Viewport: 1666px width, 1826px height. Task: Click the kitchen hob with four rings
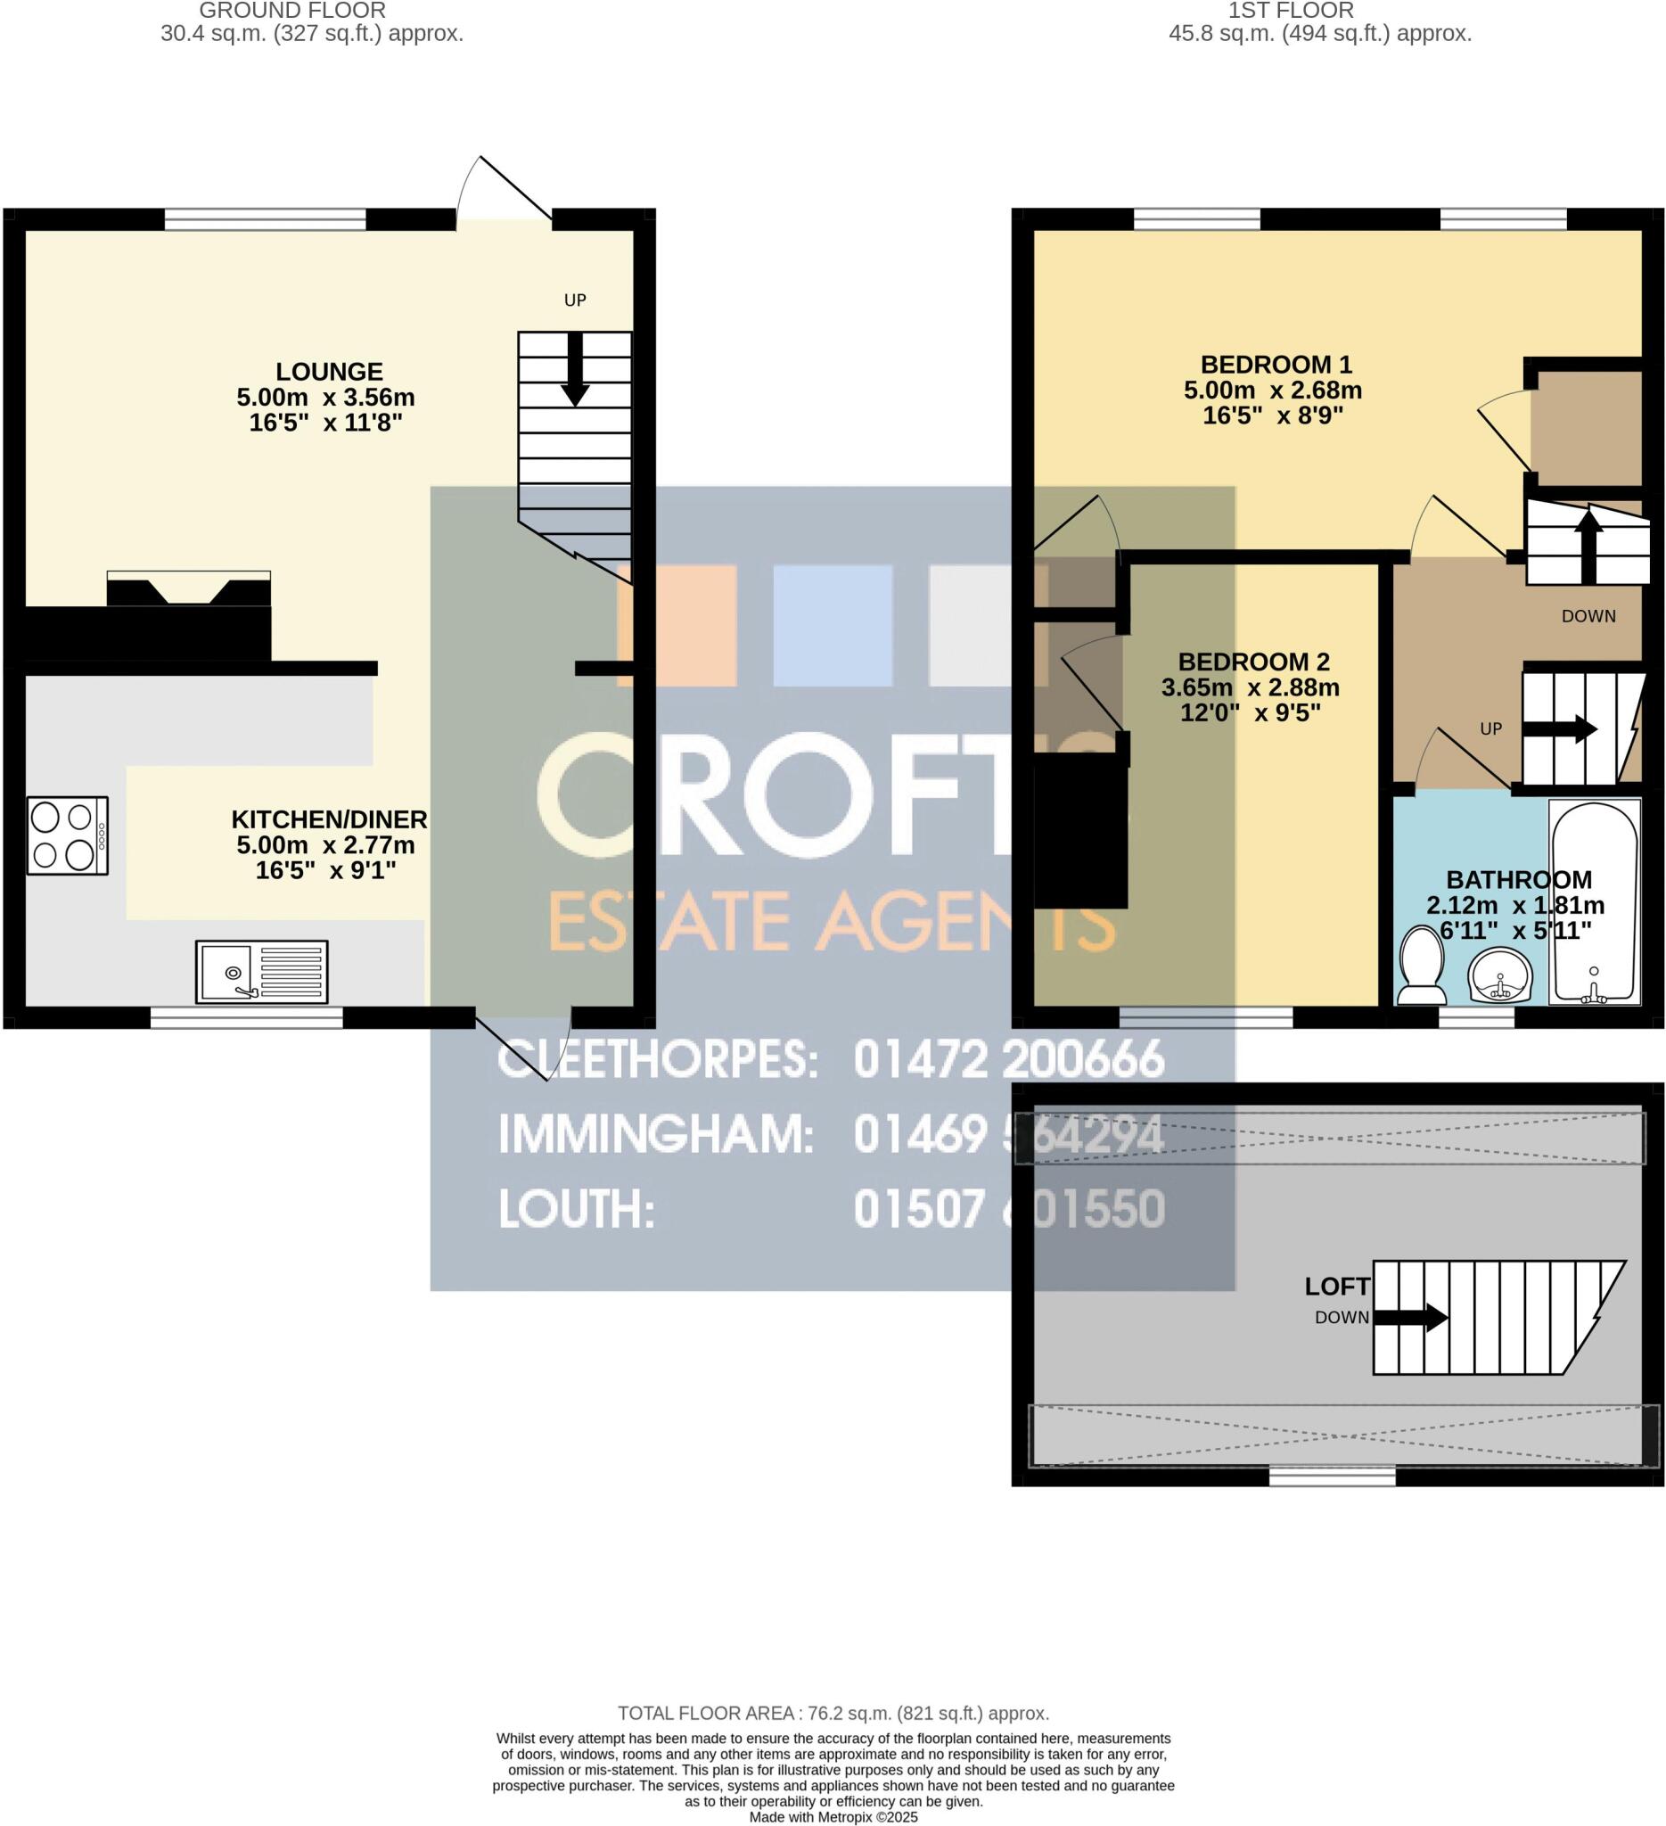pos(67,835)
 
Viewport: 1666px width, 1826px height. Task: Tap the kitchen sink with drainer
pos(262,972)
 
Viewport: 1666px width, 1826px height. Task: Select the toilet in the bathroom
pos(1422,968)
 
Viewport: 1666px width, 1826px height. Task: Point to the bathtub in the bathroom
pos(1594,901)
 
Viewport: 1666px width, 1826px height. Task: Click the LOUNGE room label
pos(329,372)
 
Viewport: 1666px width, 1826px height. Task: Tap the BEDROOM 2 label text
pos(1253,662)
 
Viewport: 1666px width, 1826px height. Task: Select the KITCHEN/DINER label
pos(329,819)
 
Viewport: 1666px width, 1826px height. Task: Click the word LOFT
pos(1336,1287)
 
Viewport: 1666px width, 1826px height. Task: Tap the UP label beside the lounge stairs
pos(575,300)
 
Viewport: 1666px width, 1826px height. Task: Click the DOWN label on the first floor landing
pos(1588,616)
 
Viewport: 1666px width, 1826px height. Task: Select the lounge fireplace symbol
pos(188,588)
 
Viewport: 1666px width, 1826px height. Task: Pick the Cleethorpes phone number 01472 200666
pos(1008,1060)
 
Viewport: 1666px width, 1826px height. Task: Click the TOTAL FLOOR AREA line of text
pos(833,1713)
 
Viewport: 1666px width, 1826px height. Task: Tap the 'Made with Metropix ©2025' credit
pos(833,1817)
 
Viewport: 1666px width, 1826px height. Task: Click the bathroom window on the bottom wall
pos(1477,1019)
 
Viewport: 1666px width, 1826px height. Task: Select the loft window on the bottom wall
pos(1332,1478)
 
